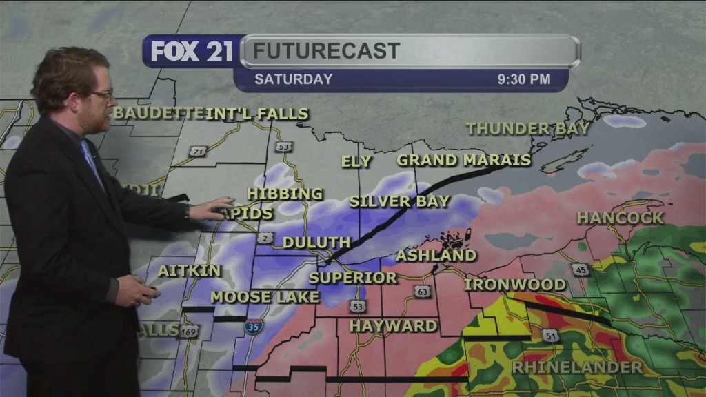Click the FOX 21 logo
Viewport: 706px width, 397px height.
click(x=192, y=51)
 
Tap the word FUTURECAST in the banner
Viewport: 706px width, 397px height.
click(x=326, y=51)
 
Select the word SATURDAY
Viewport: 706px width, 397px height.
click(x=293, y=79)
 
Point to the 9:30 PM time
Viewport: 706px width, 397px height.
click(x=524, y=79)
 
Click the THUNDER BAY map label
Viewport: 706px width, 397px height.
click(x=528, y=128)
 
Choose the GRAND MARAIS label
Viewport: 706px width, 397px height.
click(x=463, y=161)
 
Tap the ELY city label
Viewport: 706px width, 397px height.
click(x=356, y=162)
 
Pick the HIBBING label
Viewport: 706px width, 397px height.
click(x=285, y=194)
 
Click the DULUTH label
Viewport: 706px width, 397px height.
click(x=316, y=243)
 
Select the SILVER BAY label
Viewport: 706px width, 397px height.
click(x=399, y=202)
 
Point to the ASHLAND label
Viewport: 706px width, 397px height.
click(x=436, y=256)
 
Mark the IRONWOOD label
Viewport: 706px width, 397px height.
click(x=515, y=285)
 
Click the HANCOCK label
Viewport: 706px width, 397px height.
click(x=620, y=218)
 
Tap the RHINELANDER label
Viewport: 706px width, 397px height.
click(x=577, y=367)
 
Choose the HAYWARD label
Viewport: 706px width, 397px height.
click(x=393, y=325)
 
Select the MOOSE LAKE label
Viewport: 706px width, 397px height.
click(x=265, y=297)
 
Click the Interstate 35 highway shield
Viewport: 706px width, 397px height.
click(x=253, y=327)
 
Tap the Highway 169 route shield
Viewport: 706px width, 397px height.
click(x=187, y=332)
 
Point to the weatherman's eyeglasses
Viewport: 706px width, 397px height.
click(x=102, y=95)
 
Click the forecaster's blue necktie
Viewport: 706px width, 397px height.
click(x=91, y=163)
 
